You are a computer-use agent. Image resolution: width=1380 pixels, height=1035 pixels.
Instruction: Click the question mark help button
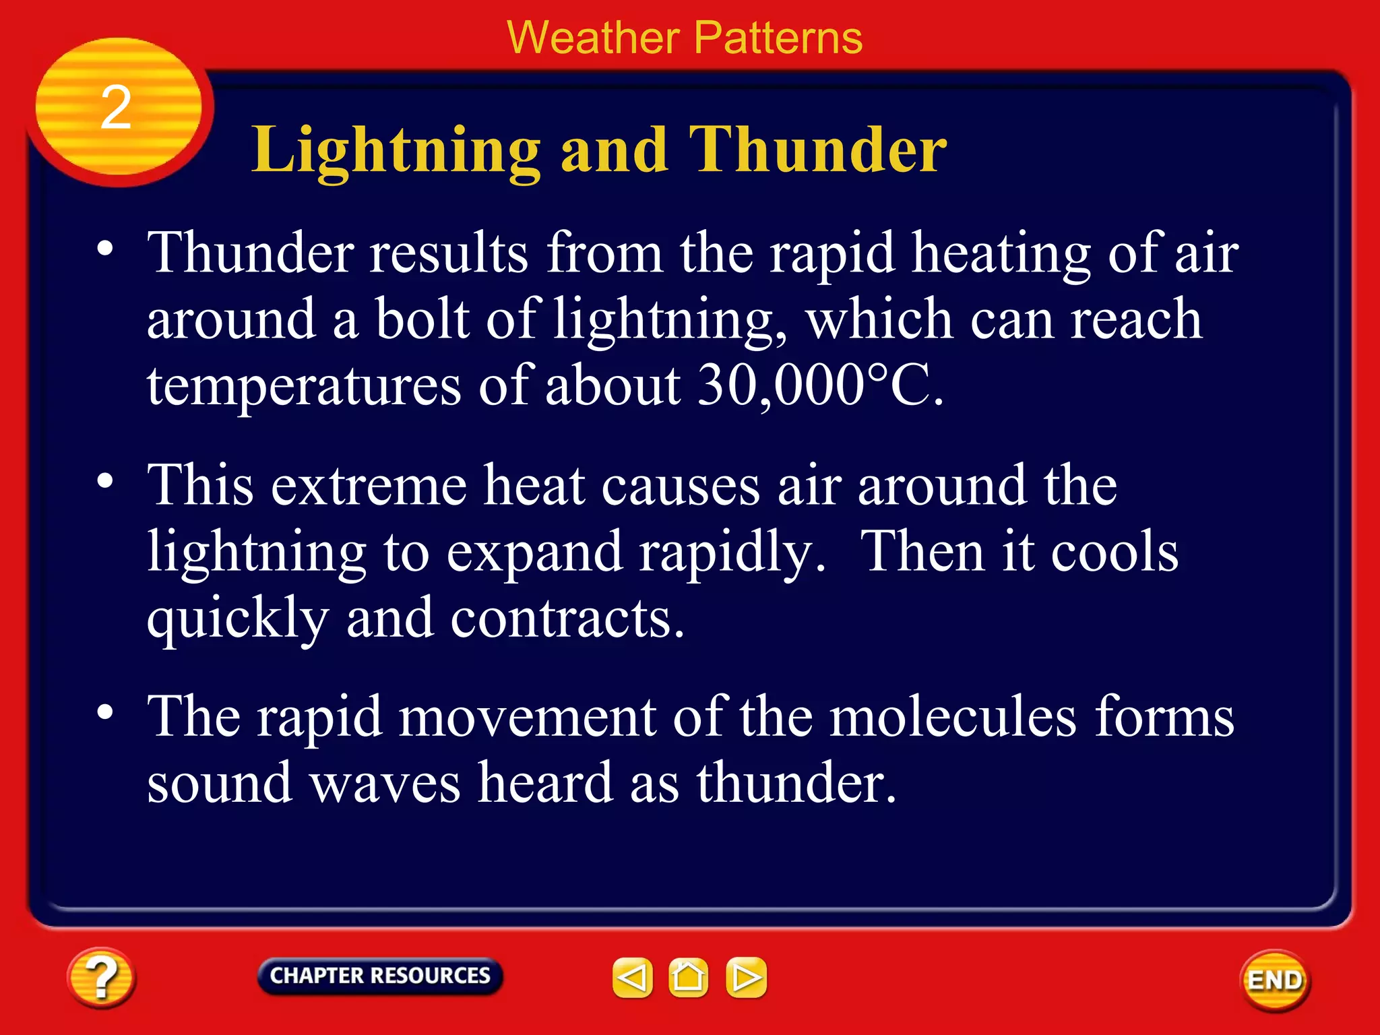click(101, 978)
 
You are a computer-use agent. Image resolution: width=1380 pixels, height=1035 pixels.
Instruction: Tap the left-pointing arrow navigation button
click(632, 977)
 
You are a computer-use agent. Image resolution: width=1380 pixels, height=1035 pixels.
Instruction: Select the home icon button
click(688, 977)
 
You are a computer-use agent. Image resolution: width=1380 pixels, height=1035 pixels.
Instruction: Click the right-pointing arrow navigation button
click(746, 977)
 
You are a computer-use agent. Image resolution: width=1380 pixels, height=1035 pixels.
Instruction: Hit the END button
click(1274, 980)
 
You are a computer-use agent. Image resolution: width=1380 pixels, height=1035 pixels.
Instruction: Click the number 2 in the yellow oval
click(116, 108)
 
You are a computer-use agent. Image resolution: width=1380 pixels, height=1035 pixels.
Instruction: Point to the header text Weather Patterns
click(684, 38)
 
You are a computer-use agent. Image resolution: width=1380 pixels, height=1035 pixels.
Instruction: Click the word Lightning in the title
click(396, 151)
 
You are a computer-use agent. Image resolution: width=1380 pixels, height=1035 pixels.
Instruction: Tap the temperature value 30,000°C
click(819, 385)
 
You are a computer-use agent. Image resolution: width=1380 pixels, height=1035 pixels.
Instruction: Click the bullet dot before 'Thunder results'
click(105, 249)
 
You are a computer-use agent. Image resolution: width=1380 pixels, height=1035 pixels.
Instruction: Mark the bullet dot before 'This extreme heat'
click(105, 481)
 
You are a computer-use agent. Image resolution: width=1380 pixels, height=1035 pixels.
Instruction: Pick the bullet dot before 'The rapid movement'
click(105, 712)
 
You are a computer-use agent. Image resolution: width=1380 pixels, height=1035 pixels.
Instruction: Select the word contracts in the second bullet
click(567, 619)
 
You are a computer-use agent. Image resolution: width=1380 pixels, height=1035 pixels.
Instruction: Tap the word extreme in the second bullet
click(369, 486)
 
